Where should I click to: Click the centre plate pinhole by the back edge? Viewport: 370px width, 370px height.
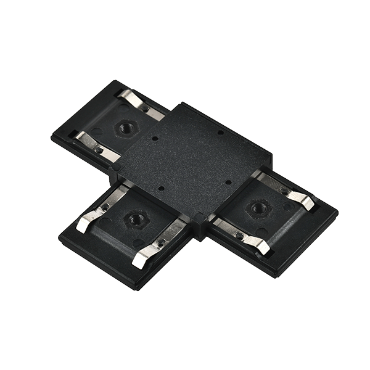pos(218,132)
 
